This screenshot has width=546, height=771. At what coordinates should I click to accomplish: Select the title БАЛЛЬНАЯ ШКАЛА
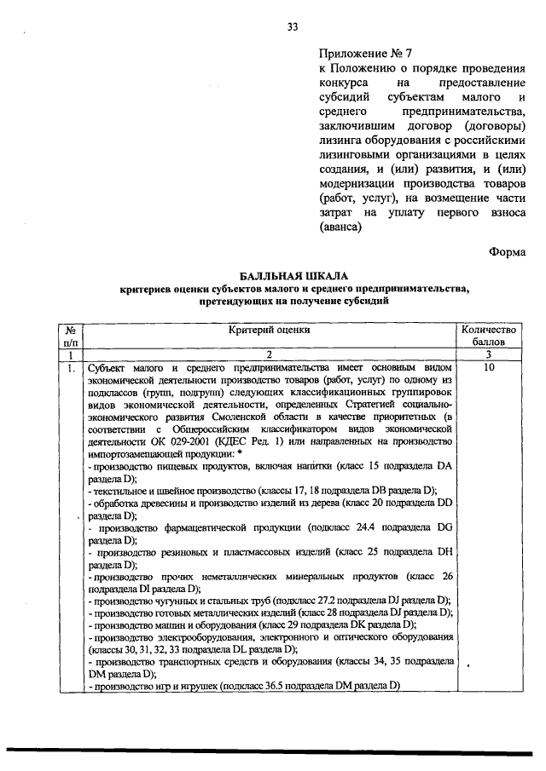tap(293, 277)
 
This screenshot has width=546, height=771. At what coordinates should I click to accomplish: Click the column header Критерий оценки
tap(268, 330)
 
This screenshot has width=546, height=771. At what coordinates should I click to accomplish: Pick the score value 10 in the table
tap(488, 368)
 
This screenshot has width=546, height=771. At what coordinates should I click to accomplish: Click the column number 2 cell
tap(268, 354)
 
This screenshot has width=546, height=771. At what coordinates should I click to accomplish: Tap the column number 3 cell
tap(488, 354)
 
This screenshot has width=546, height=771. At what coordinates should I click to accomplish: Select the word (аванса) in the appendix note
tap(340, 227)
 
